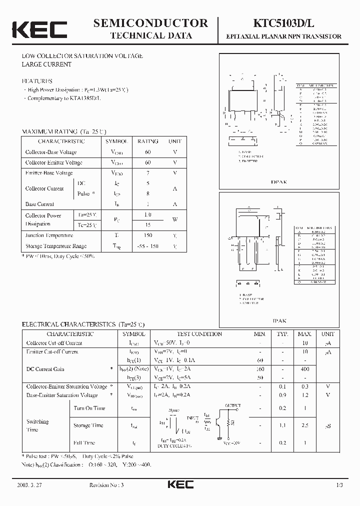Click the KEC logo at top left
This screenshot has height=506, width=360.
click(x=39, y=29)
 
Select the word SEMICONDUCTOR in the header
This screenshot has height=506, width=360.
click(x=150, y=23)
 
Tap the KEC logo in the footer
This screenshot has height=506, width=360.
click(x=180, y=485)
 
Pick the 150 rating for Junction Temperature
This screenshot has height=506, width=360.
click(x=148, y=235)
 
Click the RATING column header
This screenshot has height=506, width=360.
click(x=148, y=141)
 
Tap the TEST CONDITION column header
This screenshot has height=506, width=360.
click(x=199, y=334)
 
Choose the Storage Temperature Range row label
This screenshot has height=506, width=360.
click(x=56, y=246)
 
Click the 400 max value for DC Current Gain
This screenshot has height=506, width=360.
click(x=304, y=369)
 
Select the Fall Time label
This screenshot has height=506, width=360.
click(x=84, y=442)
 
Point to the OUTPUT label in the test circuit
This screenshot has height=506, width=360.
click(x=232, y=405)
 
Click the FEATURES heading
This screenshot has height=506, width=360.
click(x=37, y=81)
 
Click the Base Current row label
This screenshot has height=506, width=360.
click(x=40, y=204)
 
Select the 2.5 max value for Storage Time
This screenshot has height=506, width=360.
click(x=304, y=425)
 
